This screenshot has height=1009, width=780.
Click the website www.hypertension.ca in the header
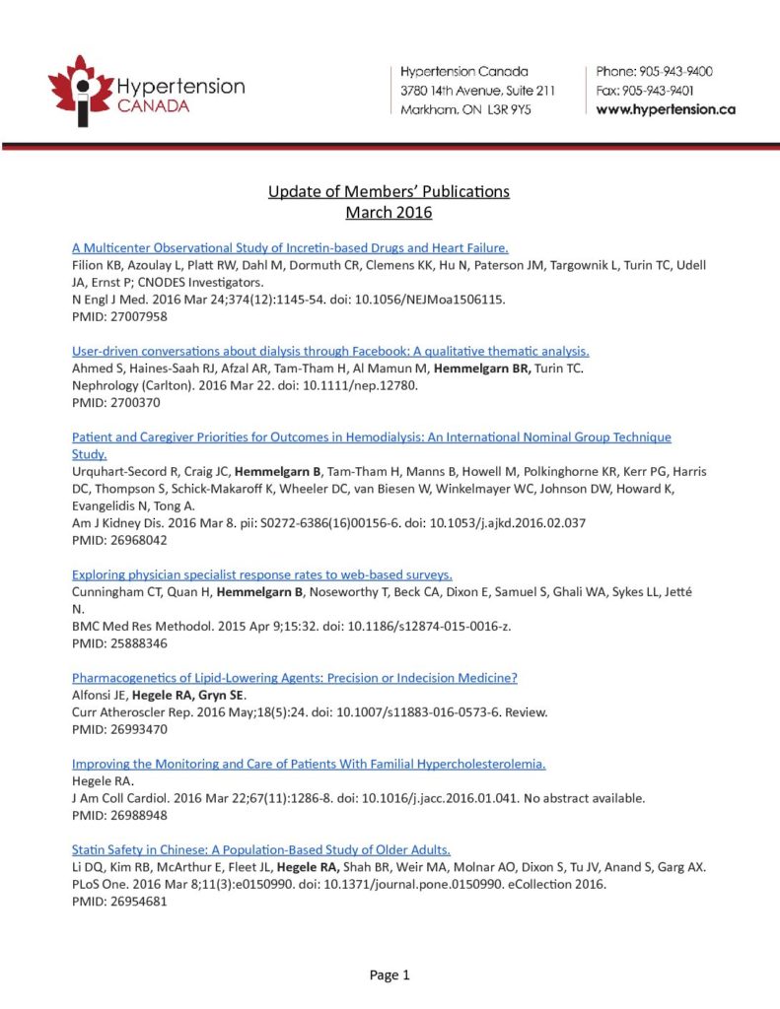coord(666,109)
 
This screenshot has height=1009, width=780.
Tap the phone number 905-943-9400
coord(677,72)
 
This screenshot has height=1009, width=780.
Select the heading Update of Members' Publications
coord(389,191)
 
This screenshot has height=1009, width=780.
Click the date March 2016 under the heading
coord(389,212)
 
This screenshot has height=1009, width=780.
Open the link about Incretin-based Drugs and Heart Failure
coord(290,247)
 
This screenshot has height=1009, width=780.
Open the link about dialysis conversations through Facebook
coord(330,351)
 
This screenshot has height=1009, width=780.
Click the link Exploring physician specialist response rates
coord(262,573)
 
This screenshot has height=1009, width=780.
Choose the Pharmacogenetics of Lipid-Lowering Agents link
coord(295,678)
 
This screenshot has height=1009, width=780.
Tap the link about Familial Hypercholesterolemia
coord(309,764)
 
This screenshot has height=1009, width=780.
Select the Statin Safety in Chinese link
coord(261,849)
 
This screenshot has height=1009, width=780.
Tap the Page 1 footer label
coord(390,975)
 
